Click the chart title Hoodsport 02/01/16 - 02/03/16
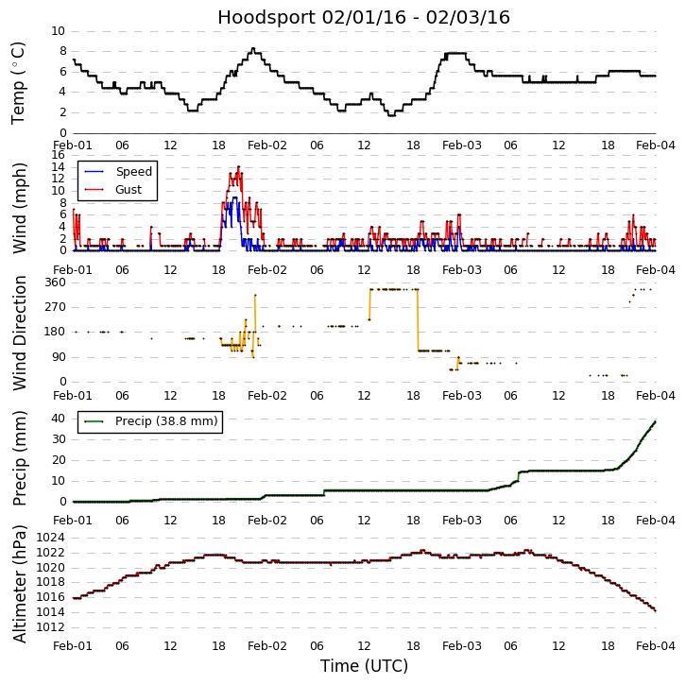coord(364,17)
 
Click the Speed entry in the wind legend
coord(132,172)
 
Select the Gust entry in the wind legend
coord(129,189)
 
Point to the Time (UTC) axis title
coord(364,666)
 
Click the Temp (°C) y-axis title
coord(18,82)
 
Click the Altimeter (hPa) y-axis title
coord(18,583)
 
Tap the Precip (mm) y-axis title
coord(18,457)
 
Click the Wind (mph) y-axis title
coord(18,207)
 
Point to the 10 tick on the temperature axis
coord(58,31)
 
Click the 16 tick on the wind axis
coord(58,155)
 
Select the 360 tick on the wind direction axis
coord(54,282)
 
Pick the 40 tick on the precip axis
coord(58,418)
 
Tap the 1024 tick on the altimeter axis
coord(50,538)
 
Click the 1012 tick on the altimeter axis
coord(50,627)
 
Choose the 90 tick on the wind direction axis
coord(58,357)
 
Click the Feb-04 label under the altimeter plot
coord(656,646)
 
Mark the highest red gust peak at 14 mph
coord(238,167)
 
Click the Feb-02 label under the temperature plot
coord(267,146)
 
